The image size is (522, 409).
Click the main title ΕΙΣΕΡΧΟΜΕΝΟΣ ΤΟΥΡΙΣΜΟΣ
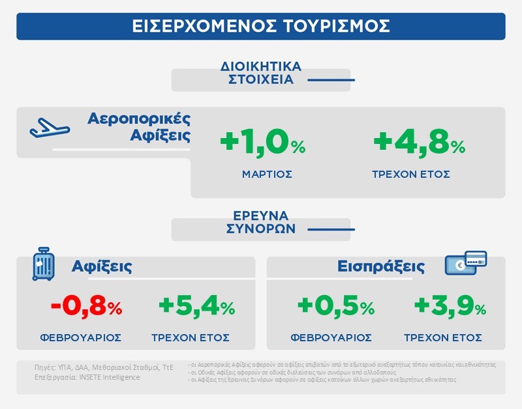click(x=260, y=25)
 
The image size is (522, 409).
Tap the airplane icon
click(x=49, y=127)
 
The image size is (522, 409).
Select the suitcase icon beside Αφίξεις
click(x=43, y=264)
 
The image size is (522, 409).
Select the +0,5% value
click(x=335, y=305)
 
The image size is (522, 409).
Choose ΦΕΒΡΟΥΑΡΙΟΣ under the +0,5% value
click(x=331, y=337)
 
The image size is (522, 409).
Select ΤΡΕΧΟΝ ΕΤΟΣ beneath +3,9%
click(x=443, y=337)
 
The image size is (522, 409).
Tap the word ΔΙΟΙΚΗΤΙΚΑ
click(x=262, y=66)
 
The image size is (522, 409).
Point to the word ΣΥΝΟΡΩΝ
click(x=260, y=229)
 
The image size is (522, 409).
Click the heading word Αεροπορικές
click(x=139, y=119)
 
